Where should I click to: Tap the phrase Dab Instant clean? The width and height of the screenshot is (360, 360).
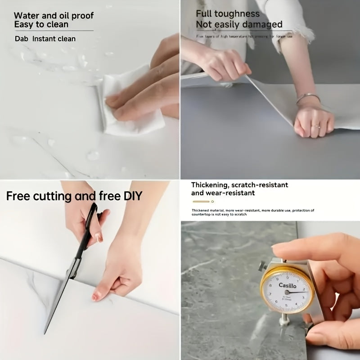pos(45,39)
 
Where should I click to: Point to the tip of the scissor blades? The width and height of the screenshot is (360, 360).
pos(45,332)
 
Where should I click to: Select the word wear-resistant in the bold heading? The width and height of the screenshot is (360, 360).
pos(230,193)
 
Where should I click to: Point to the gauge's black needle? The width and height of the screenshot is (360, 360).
pos(297,292)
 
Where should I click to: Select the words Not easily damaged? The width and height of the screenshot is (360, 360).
pos(239,25)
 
